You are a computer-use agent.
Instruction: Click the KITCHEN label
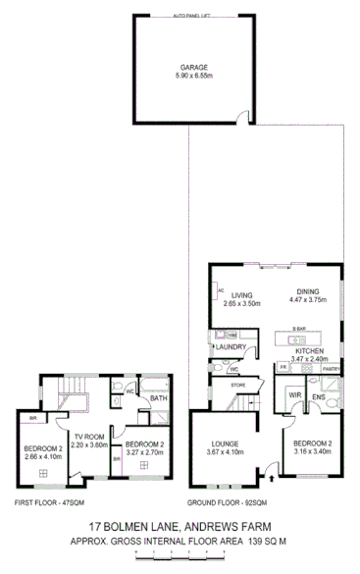pyautogui.click(x=310, y=350)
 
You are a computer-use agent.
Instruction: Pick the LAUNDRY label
pyautogui.click(x=231, y=346)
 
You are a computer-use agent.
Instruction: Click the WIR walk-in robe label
pyautogui.click(x=294, y=395)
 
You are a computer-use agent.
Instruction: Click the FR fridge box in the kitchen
pyautogui.click(x=283, y=367)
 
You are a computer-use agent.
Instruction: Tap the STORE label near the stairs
pyautogui.click(x=237, y=386)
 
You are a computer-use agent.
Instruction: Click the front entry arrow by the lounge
pyautogui.click(x=272, y=479)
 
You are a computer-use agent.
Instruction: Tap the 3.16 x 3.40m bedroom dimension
pyautogui.click(x=315, y=454)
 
